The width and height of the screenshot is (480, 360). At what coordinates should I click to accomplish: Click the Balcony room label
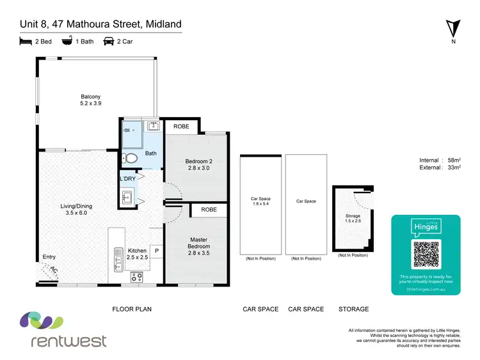coord(90,100)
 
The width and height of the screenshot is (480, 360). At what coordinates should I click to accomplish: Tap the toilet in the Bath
coord(131,157)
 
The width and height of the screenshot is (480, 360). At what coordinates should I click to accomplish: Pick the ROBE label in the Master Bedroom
coord(209,210)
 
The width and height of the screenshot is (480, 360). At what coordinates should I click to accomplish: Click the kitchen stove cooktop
coord(136,277)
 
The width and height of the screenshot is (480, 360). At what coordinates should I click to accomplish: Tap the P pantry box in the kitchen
coord(156,251)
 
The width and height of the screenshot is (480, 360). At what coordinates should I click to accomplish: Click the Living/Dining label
coord(73,208)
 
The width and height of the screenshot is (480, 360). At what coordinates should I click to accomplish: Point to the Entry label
coord(49,257)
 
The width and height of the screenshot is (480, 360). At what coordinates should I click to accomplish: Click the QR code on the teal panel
coord(426,254)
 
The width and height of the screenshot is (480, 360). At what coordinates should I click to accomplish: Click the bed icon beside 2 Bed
coord(26,41)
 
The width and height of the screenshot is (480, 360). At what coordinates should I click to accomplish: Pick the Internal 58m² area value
coord(438,160)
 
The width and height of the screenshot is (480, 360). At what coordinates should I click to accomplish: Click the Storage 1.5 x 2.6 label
coord(353,219)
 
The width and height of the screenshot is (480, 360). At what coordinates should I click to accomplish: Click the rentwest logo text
coord(69,340)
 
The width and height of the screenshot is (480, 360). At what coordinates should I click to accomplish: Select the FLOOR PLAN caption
coord(131,309)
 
